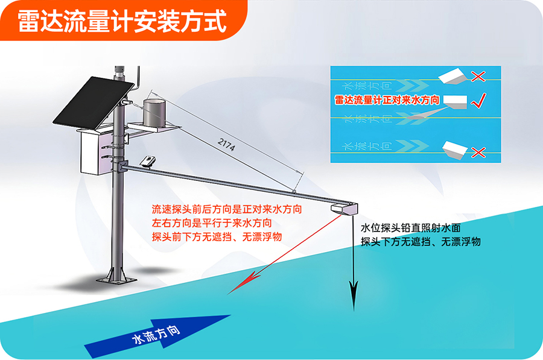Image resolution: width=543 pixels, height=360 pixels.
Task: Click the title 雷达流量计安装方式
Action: click(x=121, y=22)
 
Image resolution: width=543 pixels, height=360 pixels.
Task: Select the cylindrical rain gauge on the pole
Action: click(x=154, y=113)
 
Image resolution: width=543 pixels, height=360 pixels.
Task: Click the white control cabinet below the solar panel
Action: click(x=96, y=150)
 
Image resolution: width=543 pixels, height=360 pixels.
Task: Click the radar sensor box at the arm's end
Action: click(x=345, y=209)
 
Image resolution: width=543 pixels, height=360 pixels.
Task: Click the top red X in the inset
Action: click(x=478, y=76)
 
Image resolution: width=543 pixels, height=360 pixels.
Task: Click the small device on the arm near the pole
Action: click(x=147, y=161)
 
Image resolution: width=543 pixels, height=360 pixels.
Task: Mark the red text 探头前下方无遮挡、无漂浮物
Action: click(x=217, y=236)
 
